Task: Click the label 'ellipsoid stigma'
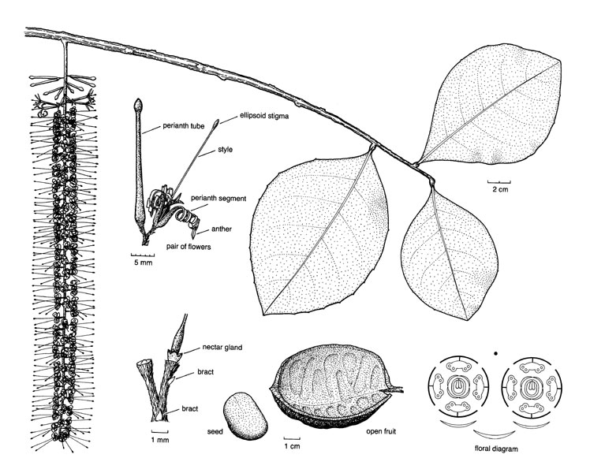(x=264, y=116)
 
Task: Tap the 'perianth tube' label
(x=183, y=125)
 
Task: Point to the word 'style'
(x=225, y=149)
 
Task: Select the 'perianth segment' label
(x=218, y=198)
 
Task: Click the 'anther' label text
(x=222, y=229)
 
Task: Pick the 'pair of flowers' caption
(x=189, y=247)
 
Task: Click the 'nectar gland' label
(x=222, y=347)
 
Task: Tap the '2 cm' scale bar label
(x=500, y=189)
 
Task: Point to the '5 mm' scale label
(x=144, y=263)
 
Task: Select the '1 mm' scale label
(x=160, y=440)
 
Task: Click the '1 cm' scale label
(x=292, y=446)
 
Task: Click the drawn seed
(x=245, y=415)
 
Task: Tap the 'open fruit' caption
(x=381, y=432)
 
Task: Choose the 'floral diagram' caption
(x=496, y=449)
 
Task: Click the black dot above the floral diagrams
(x=496, y=353)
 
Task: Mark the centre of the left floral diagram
(x=458, y=386)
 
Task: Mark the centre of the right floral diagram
(x=532, y=386)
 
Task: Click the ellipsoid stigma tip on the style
(x=215, y=123)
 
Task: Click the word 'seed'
(x=215, y=432)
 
